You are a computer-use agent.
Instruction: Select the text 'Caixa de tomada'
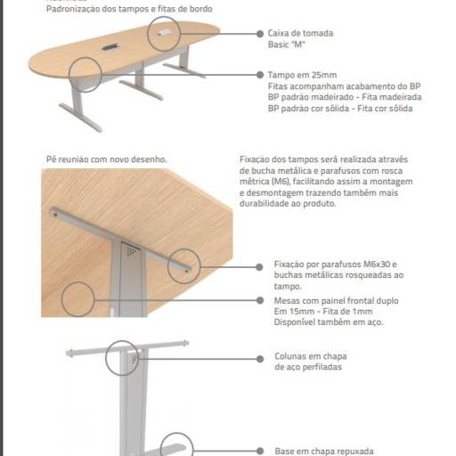click(300, 33)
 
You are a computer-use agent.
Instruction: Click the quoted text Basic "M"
click(287, 44)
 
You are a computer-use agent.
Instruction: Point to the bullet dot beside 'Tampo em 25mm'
click(258, 76)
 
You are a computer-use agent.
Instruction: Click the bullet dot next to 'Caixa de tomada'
click(258, 34)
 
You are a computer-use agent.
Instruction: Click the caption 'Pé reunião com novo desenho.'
click(106, 159)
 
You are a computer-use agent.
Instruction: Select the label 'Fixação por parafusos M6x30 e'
click(334, 265)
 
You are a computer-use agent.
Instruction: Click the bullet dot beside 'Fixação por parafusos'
click(258, 265)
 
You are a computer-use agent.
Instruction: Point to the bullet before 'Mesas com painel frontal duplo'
click(258, 302)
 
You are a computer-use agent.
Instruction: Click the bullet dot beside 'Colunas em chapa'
click(258, 357)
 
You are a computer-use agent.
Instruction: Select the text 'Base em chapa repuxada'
click(323, 451)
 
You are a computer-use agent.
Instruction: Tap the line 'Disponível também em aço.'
click(329, 322)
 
